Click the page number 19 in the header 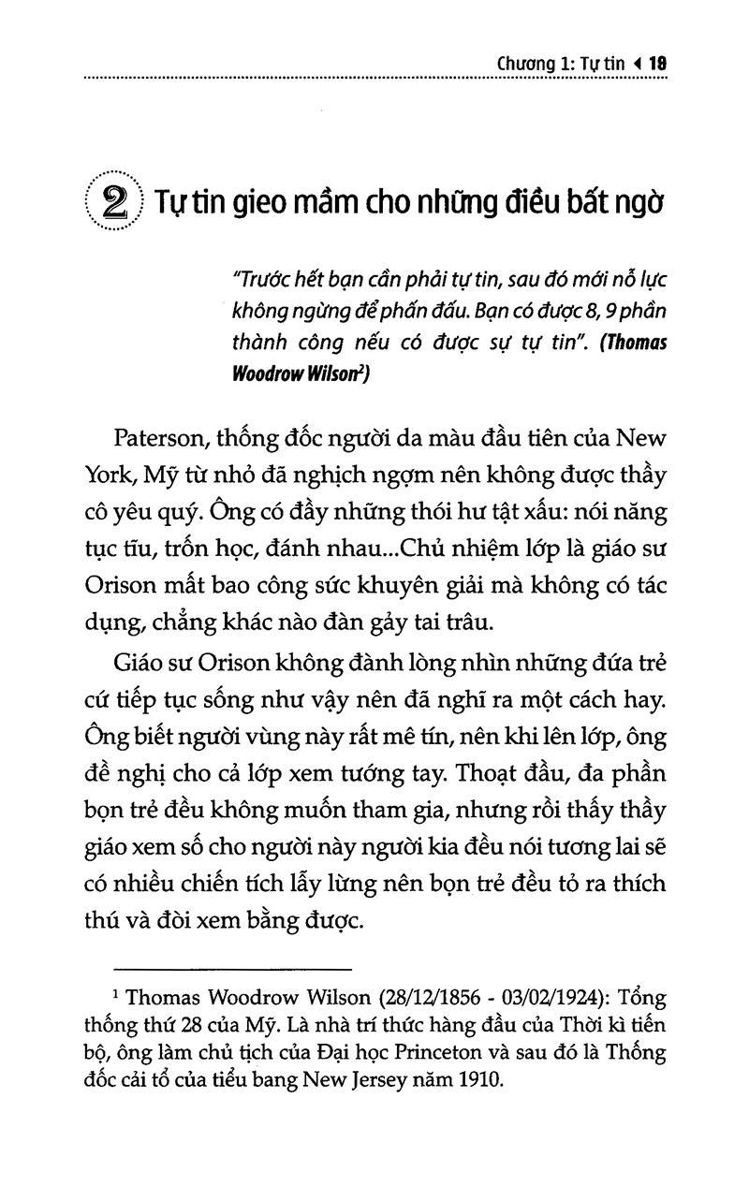655,65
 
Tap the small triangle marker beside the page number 637,65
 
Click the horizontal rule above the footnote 231,967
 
